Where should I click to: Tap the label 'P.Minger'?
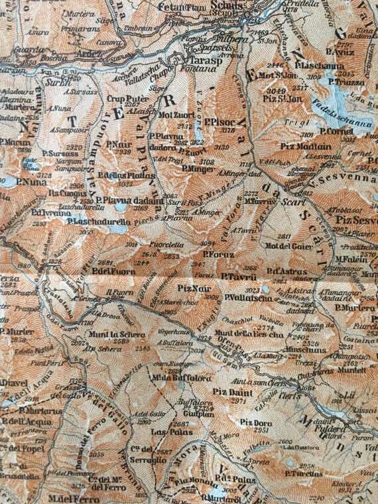(x=195, y=168)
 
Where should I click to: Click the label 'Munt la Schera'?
(x=123, y=335)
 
